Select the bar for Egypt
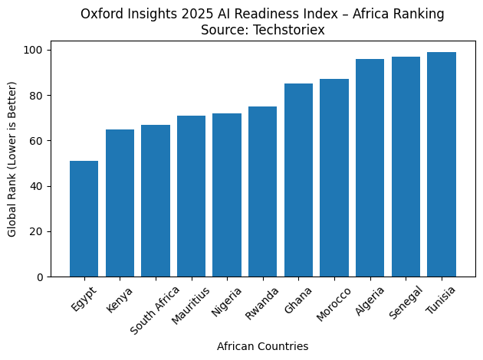(x=84, y=219)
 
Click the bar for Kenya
(x=120, y=203)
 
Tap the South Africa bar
(x=156, y=201)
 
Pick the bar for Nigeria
(x=227, y=195)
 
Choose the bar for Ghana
(x=298, y=180)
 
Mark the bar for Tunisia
(x=442, y=165)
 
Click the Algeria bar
(x=370, y=168)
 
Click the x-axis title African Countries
(x=262, y=346)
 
